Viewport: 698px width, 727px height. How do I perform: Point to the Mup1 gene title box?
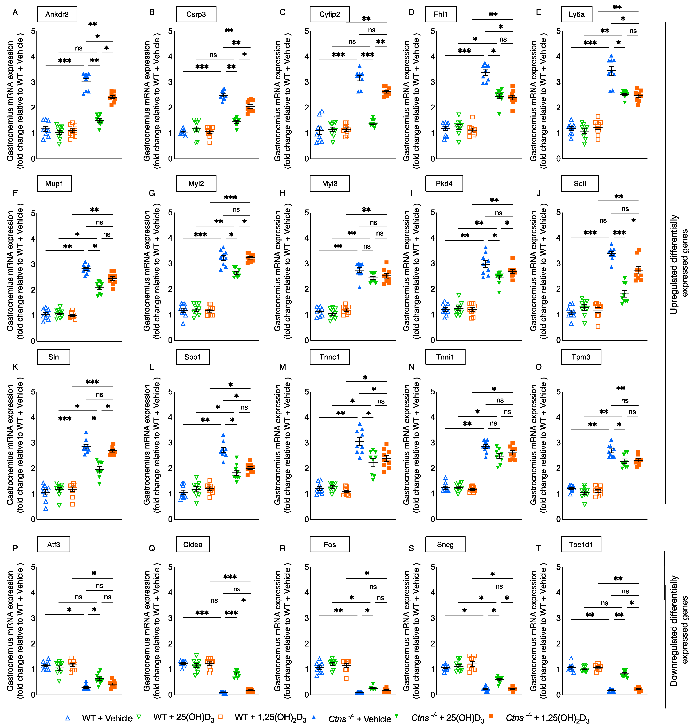pyautogui.click(x=54, y=184)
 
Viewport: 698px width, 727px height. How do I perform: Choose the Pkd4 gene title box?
pyautogui.click(x=444, y=184)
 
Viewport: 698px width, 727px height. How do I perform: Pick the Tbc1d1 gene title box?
pyautogui.click(x=581, y=545)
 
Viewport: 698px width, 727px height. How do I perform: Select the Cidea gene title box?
pyautogui.click(x=193, y=545)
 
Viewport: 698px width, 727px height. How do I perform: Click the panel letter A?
pyautogui.click(x=15, y=12)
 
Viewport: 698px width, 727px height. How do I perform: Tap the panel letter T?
pyautogui.click(x=538, y=548)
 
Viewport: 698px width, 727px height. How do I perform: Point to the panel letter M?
pyautogui.click(x=282, y=367)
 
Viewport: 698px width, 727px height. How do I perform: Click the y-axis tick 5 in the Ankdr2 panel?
pyautogui.click(x=33, y=31)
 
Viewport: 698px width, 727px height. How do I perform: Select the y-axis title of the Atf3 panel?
pyautogui.click(x=15, y=630)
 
